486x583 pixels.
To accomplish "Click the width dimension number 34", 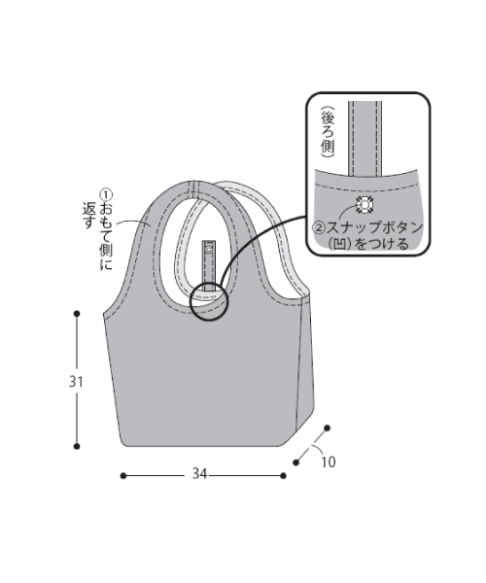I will pyautogui.click(x=199, y=474).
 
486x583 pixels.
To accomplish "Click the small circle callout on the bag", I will pyautogui.click(x=208, y=301).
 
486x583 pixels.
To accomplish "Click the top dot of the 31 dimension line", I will pyautogui.click(x=77, y=313).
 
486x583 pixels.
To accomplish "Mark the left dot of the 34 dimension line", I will pyautogui.click(x=122, y=475).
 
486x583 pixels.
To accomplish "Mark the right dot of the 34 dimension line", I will pyautogui.click(x=284, y=475).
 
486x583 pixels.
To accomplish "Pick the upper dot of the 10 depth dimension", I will pyautogui.click(x=328, y=428).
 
